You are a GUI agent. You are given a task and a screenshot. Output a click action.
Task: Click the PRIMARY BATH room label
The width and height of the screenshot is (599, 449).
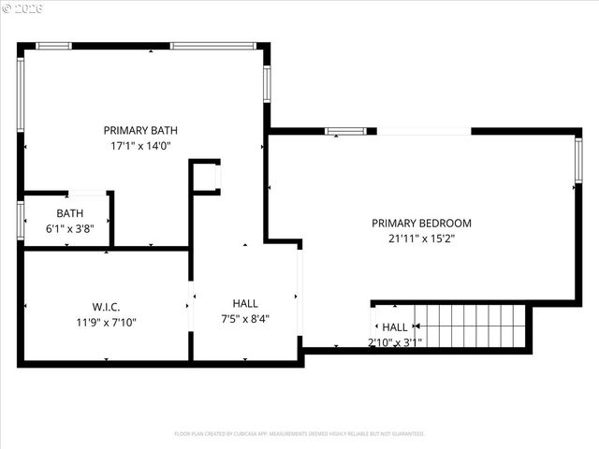click(x=140, y=130)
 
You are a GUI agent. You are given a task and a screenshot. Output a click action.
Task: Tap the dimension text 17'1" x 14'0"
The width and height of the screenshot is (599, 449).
click(x=140, y=146)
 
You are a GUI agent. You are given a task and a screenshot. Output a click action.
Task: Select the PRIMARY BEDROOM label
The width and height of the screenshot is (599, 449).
click(x=421, y=223)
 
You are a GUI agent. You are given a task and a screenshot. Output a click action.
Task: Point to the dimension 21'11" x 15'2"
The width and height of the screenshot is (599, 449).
click(x=421, y=239)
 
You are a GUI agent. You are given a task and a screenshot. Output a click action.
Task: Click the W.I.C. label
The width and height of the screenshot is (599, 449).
click(x=106, y=307)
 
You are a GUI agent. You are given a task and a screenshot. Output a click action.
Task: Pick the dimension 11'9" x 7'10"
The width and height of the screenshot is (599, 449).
click(x=106, y=323)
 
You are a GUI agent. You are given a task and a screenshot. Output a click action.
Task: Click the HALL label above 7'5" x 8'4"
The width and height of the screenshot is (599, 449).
click(x=245, y=303)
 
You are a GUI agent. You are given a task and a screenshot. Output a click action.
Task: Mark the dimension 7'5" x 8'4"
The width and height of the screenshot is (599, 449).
click(x=245, y=319)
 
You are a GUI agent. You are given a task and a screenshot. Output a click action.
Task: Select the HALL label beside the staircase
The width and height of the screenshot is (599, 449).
click(x=395, y=327)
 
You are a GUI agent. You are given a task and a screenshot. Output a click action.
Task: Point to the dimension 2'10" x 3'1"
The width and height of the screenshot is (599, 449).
click(x=395, y=341)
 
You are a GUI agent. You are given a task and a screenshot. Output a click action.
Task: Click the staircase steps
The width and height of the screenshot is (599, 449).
click(x=473, y=326)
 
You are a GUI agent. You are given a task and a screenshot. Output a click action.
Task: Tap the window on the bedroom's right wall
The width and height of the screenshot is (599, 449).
click(x=577, y=160)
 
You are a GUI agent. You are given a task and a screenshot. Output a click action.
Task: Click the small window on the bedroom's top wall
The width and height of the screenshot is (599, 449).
click(x=344, y=131)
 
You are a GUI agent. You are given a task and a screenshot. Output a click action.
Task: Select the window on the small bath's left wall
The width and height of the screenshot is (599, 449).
click(x=20, y=221)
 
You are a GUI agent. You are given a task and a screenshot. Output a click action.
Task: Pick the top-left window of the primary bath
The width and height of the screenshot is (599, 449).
click(x=53, y=45)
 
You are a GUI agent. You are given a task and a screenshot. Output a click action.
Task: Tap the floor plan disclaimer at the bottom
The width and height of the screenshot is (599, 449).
click(x=299, y=434)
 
